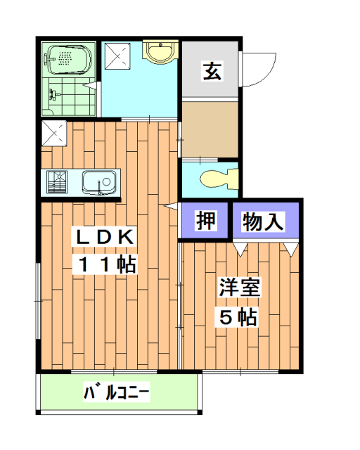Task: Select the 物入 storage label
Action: (x=262, y=222)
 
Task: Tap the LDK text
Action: (x=104, y=238)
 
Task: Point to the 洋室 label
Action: (x=239, y=288)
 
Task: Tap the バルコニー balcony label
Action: (x=117, y=392)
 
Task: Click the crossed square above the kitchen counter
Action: (x=54, y=132)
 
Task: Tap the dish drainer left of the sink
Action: (x=57, y=183)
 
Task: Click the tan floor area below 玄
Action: (x=210, y=130)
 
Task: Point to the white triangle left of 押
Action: (x=170, y=207)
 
